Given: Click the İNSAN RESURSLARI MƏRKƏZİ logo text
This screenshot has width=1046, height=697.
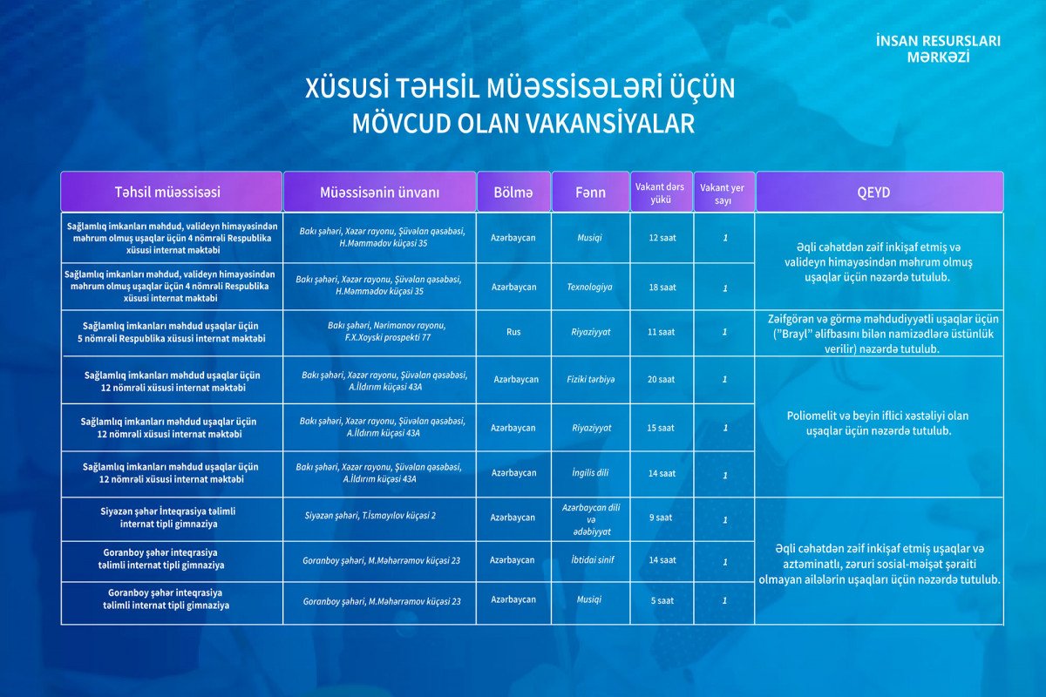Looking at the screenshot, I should pyautogui.click(x=938, y=49).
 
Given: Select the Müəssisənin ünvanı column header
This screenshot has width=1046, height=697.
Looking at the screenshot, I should pyautogui.click(x=379, y=192).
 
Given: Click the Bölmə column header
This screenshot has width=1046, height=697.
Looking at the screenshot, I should pyautogui.click(x=513, y=192).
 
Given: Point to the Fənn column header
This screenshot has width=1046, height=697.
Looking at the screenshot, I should pyautogui.click(x=590, y=192).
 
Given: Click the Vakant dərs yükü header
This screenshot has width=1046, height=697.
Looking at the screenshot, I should pyautogui.click(x=660, y=192).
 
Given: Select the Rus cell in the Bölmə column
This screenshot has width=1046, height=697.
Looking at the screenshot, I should pyautogui.click(x=513, y=331).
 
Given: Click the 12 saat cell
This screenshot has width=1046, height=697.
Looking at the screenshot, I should pyautogui.click(x=662, y=237).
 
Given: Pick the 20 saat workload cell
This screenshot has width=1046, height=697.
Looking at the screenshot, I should pyautogui.click(x=662, y=379).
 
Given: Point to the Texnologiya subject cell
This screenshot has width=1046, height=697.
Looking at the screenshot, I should pyautogui.click(x=590, y=287).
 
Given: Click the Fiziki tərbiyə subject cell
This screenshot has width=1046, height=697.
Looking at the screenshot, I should pyautogui.click(x=590, y=379).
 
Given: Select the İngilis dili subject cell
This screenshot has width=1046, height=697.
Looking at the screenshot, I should pyautogui.click(x=590, y=473).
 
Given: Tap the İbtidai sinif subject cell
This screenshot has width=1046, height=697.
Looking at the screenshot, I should pyautogui.click(x=590, y=560).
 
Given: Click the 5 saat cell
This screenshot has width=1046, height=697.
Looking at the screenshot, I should pyautogui.click(x=662, y=600).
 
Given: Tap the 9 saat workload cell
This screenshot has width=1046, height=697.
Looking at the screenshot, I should pyautogui.click(x=662, y=518).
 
